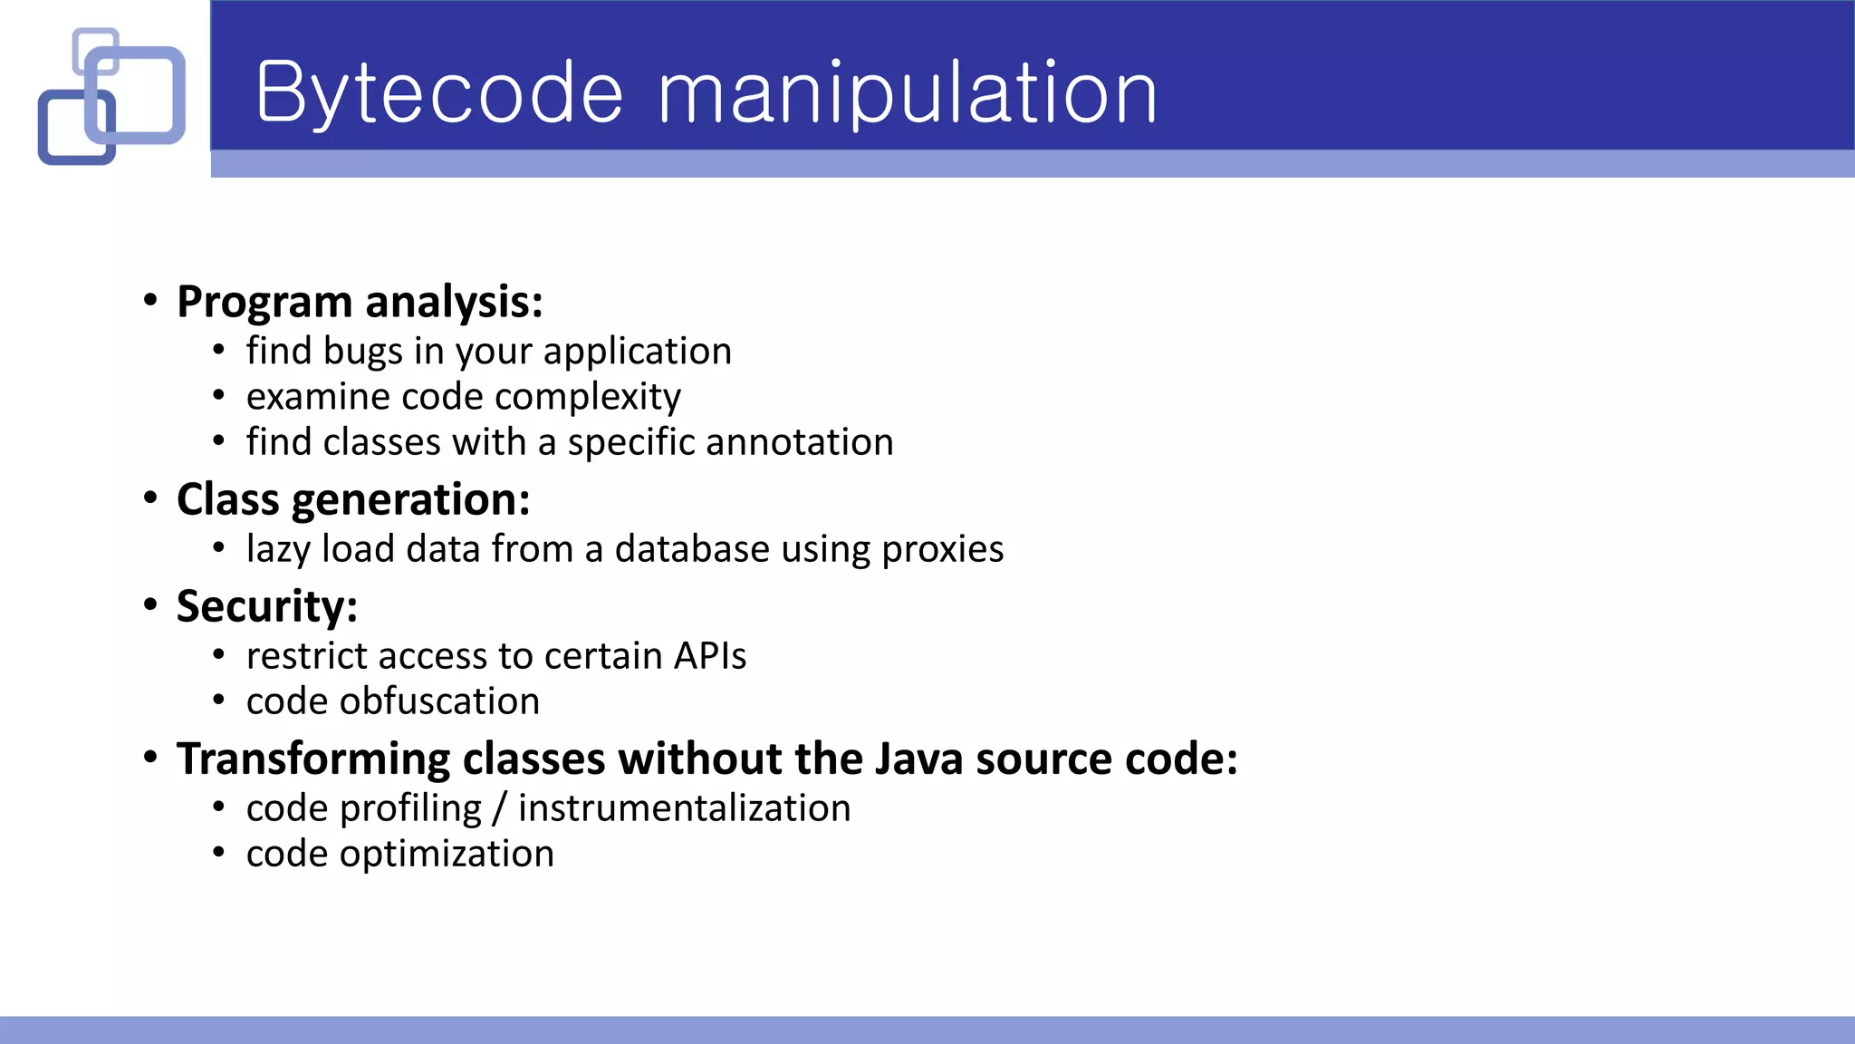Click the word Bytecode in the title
pyautogui.click(x=439, y=92)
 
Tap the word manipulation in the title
pyautogui.click(x=907, y=92)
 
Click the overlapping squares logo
pyautogui.click(x=111, y=96)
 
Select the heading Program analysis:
pyautogui.click(x=360, y=302)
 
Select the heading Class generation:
pyautogui.click(x=353, y=499)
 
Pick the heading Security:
pyautogui.click(x=267, y=606)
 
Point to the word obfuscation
pyautogui.click(x=439, y=701)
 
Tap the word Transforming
pyautogui.click(x=313, y=759)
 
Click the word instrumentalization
pyautogui.click(x=684, y=808)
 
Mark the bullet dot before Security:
pyautogui.click(x=150, y=605)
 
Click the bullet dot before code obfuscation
pyautogui.click(x=218, y=701)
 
